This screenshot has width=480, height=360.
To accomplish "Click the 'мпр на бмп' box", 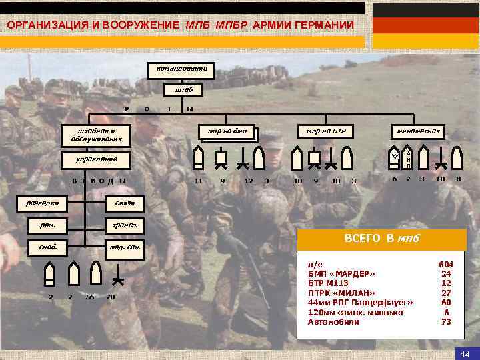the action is tap(227, 131).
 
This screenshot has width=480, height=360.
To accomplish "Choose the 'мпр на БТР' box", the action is tap(325, 131).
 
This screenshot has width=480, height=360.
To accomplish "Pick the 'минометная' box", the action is tap(419, 131).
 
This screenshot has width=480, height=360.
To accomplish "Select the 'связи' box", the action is tap(125, 203).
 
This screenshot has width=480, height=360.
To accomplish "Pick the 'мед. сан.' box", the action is tap(125, 248).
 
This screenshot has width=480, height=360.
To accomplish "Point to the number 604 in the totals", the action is tap(445, 265).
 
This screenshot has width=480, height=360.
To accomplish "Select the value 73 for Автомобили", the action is tap(445, 322).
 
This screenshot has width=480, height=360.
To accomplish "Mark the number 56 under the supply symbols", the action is tap(90, 297).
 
